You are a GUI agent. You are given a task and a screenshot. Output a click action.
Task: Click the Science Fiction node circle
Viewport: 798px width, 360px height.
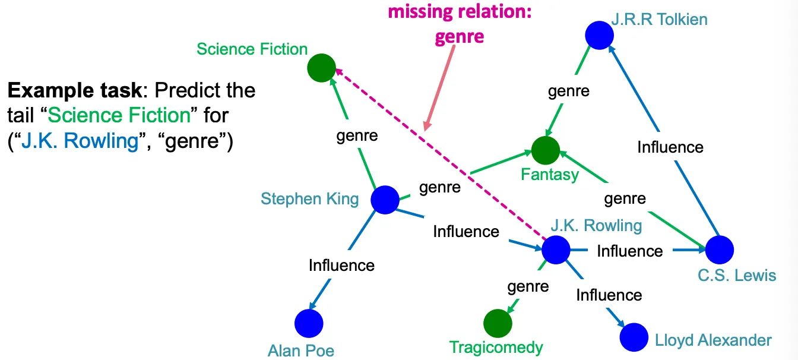(321, 68)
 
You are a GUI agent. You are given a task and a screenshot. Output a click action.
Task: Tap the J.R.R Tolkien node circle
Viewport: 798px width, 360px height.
(599, 36)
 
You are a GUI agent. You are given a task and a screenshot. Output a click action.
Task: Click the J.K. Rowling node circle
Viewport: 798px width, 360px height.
(556, 250)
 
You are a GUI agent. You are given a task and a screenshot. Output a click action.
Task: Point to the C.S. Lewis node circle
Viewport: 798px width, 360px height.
(720, 250)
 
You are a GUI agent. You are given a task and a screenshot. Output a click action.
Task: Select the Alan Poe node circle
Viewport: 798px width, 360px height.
(309, 324)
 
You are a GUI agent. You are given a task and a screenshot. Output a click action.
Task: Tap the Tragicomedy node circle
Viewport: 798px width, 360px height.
(498, 324)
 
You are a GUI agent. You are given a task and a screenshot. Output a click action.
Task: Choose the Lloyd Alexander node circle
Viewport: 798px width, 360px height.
(634, 337)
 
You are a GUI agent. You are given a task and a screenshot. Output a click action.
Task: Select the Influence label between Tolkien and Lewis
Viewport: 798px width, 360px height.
(670, 147)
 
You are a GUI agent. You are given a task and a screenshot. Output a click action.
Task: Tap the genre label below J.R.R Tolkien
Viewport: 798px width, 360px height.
(568, 91)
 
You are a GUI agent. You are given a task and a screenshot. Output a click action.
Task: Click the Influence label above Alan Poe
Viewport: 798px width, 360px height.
(341, 265)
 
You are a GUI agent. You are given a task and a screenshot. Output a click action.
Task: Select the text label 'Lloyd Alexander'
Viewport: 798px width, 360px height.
(713, 340)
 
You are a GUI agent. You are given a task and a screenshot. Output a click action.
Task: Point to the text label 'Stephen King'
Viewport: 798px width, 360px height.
(309, 198)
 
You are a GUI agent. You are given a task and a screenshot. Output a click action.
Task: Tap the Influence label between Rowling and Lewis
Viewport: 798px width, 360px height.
(629, 251)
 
